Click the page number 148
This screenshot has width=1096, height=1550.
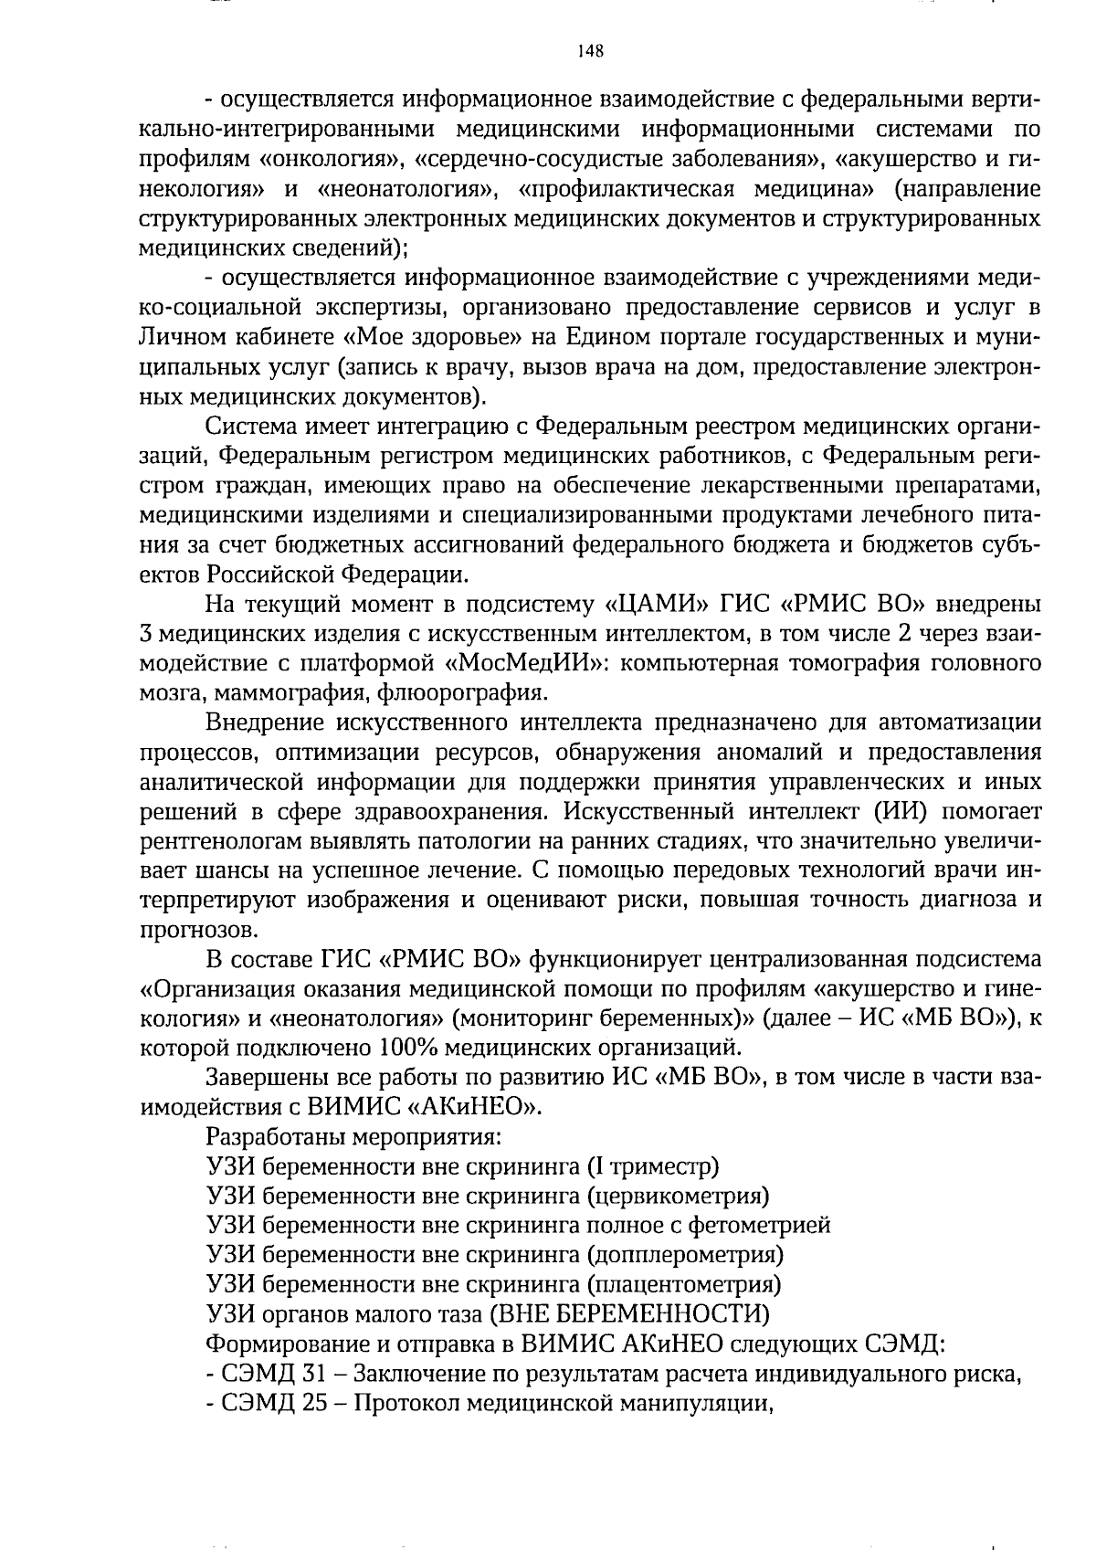[590, 51]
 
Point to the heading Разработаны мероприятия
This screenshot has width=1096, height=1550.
[354, 1137]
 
